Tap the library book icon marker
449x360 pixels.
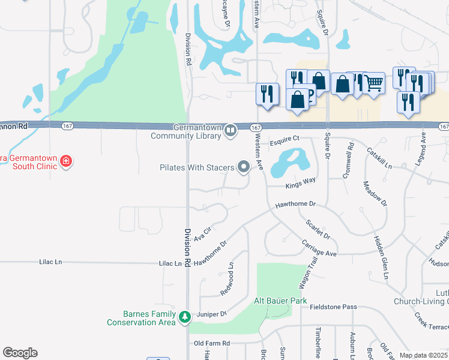pyautogui.click(x=231, y=131)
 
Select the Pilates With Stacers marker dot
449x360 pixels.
pyautogui.click(x=243, y=167)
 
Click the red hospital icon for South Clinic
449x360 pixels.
pyautogui.click(x=65, y=161)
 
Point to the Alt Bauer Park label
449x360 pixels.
pyautogui.click(x=280, y=301)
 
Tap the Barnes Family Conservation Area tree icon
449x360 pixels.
pyautogui.click(x=185, y=316)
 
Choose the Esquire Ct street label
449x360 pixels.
pyautogui.click(x=285, y=140)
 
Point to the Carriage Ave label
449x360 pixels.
pyautogui.click(x=319, y=248)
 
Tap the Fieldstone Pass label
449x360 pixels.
pyautogui.click(x=333, y=307)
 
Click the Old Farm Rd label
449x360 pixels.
pyautogui.click(x=212, y=343)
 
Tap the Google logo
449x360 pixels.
pyautogui.click(x=20, y=353)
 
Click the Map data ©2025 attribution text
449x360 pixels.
pyautogui.click(x=423, y=355)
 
